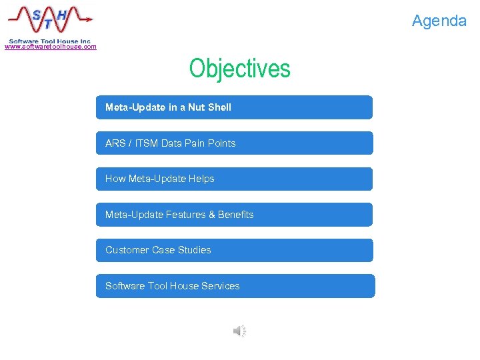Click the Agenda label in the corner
pos(439,21)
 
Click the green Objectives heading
pos(239,68)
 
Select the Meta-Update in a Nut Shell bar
pos(234,107)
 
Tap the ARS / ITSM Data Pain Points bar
pos(234,143)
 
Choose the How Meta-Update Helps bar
pos(234,179)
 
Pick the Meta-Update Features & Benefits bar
pos(234,215)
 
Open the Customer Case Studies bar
pos(234,250)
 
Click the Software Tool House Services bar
pos(235,286)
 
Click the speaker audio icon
pos(239,331)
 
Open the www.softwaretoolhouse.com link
pos(51,47)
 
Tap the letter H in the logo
pos(61,13)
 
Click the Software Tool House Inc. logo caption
pos(49,41)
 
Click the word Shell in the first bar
pos(219,107)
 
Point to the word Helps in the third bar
pos(201,179)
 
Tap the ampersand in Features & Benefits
pos(212,215)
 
